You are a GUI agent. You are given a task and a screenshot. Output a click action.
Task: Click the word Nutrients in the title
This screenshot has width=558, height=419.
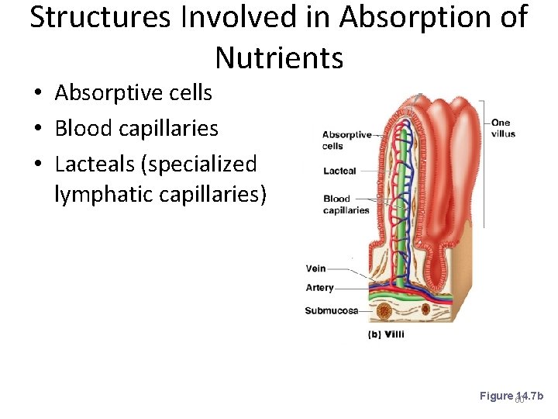pos(279,57)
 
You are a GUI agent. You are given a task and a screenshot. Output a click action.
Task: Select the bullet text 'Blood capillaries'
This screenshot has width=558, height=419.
pos(136,128)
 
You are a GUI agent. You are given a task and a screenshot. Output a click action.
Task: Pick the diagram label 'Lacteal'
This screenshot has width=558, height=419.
pos(339,171)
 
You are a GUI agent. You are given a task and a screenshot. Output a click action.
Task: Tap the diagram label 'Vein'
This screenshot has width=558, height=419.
pos(315,268)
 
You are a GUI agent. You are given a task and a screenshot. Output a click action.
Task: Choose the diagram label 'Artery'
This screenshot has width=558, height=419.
pos(319,287)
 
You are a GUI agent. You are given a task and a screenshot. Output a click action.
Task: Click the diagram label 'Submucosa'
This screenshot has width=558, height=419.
pos(331,310)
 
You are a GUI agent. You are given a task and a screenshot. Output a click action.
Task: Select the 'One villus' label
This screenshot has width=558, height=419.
pos(502,128)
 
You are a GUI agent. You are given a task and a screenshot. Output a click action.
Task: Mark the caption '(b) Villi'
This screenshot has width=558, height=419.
pos(385,334)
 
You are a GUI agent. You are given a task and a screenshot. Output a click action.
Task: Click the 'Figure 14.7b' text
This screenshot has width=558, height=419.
pos(511,396)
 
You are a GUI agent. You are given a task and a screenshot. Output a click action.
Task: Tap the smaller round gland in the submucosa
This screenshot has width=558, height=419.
pos(425,309)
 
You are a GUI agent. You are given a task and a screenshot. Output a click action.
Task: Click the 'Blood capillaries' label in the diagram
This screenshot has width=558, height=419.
pos(346,204)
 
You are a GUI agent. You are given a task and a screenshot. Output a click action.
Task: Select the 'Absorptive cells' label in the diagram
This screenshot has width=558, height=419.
pos(346,140)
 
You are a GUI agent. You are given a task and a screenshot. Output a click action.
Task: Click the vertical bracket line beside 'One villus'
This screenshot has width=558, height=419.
pos(484,163)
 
